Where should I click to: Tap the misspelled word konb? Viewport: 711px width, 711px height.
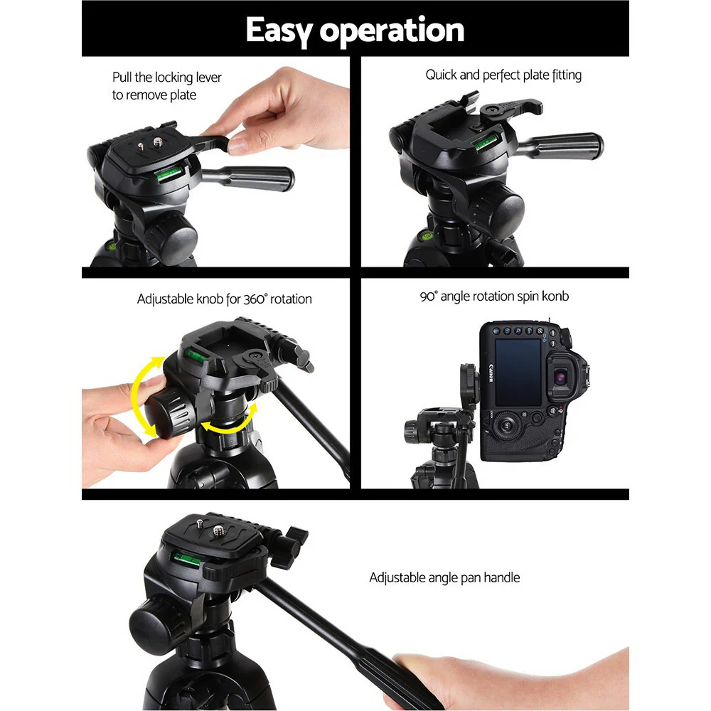[x=554, y=296]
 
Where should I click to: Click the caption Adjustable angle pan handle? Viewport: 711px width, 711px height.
[x=444, y=577]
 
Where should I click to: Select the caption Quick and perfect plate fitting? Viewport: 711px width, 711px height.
[x=503, y=75]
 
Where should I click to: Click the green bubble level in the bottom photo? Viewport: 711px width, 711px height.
[x=187, y=558]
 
